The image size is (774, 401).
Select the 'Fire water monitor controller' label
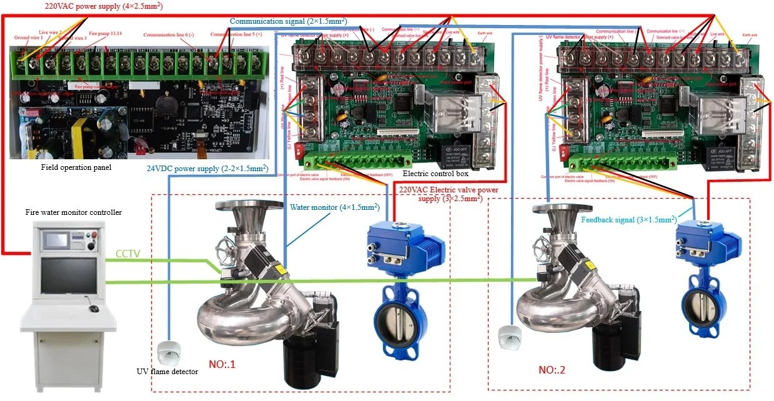[74, 212]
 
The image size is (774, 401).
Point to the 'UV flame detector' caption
[167, 372]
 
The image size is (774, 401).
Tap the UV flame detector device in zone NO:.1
[168, 353]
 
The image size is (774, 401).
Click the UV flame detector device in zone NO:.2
[509, 336]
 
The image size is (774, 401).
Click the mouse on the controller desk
[93, 309]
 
